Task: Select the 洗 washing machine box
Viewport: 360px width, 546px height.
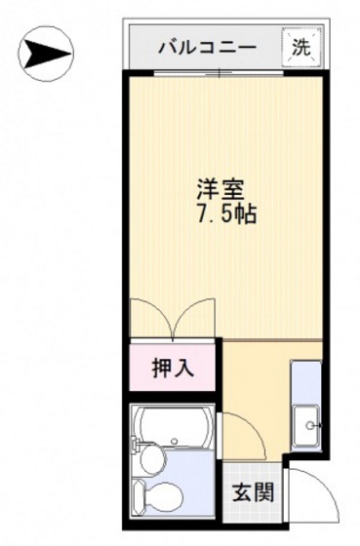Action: pos(299,45)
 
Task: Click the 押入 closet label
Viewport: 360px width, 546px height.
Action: pos(174,369)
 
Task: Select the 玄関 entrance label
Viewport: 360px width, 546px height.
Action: pos(252,492)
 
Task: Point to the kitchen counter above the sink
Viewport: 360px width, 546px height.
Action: pos(306,381)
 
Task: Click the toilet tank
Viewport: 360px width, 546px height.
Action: pos(139,499)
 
